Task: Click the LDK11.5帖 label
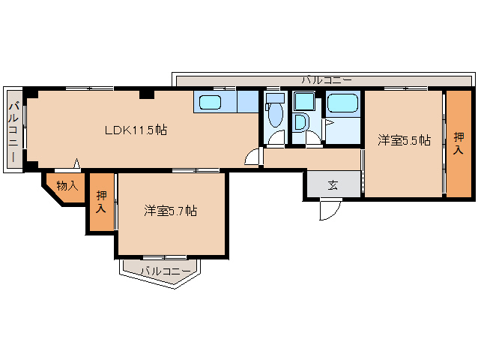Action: [x=135, y=130]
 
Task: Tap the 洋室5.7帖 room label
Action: [x=171, y=211]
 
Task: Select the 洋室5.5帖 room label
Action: [x=404, y=140]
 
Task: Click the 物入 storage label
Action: [x=67, y=185]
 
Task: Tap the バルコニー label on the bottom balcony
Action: [x=160, y=271]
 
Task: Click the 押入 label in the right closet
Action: [x=459, y=142]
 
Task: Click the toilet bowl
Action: [x=274, y=115]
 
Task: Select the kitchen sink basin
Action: [x=211, y=102]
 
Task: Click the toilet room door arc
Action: [x=276, y=139]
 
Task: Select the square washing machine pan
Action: [x=303, y=101]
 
